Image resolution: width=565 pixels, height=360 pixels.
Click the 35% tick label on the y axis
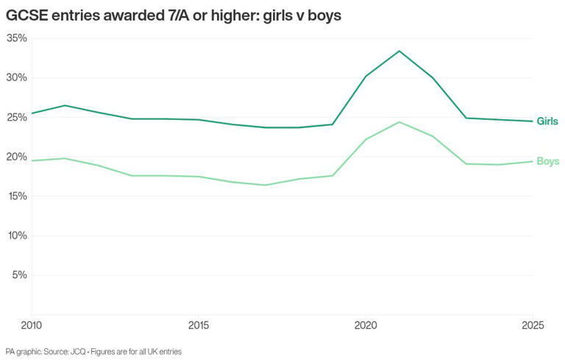pos(16,38)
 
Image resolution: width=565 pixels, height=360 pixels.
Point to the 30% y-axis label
pos(16,77)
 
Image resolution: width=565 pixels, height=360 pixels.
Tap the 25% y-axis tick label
pos(16,117)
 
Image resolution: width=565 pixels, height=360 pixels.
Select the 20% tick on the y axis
pos(16,157)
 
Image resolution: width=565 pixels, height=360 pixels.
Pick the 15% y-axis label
pos(16,197)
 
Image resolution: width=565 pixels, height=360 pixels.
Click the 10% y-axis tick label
pos(16,236)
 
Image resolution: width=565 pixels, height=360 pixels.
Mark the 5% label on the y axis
pos(19,275)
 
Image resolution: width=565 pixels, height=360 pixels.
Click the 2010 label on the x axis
pos(31,325)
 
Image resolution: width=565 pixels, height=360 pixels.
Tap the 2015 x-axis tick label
pos(198,325)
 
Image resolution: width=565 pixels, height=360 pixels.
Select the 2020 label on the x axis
pos(366,325)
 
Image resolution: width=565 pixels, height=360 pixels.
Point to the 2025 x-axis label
pos(533,325)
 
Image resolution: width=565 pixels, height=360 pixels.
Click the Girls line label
pos(547,121)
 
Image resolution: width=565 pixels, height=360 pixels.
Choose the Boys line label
pos(547,161)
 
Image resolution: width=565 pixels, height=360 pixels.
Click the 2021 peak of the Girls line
pos(399,51)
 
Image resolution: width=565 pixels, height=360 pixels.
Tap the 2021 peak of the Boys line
pos(399,121)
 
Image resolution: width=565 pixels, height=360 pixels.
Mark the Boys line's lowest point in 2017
pos(265,185)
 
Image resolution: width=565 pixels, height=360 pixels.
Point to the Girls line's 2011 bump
pos(65,105)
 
